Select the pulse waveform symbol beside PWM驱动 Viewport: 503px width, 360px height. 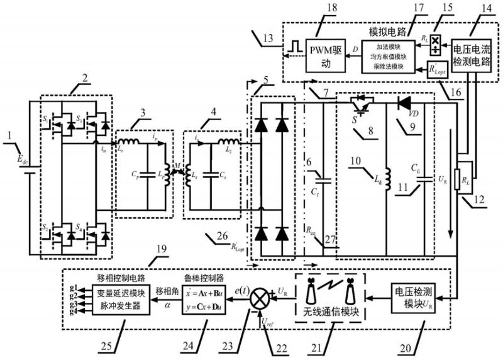coord(292,47)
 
